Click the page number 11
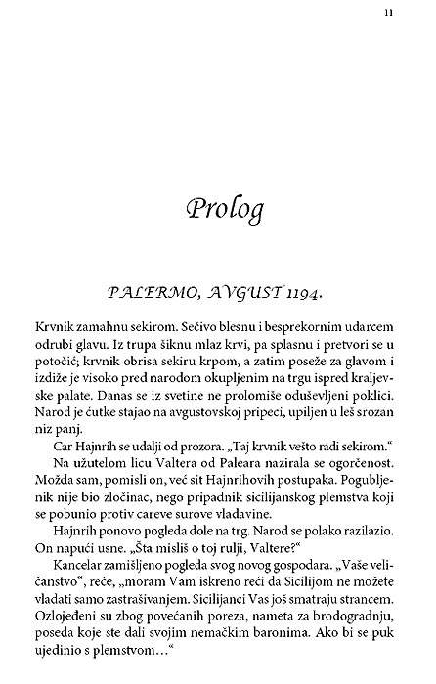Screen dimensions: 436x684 (x=389, y=13)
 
